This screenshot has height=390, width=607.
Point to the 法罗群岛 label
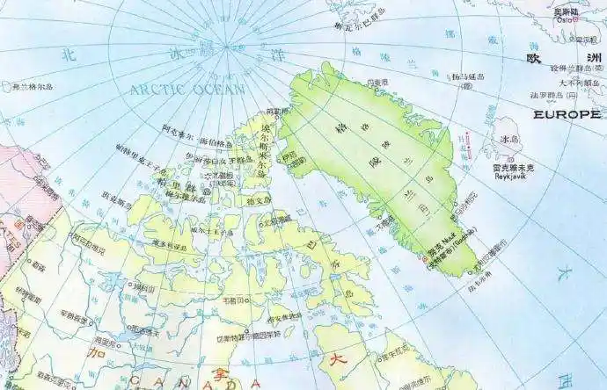557,95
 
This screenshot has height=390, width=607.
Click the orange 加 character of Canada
97,356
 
